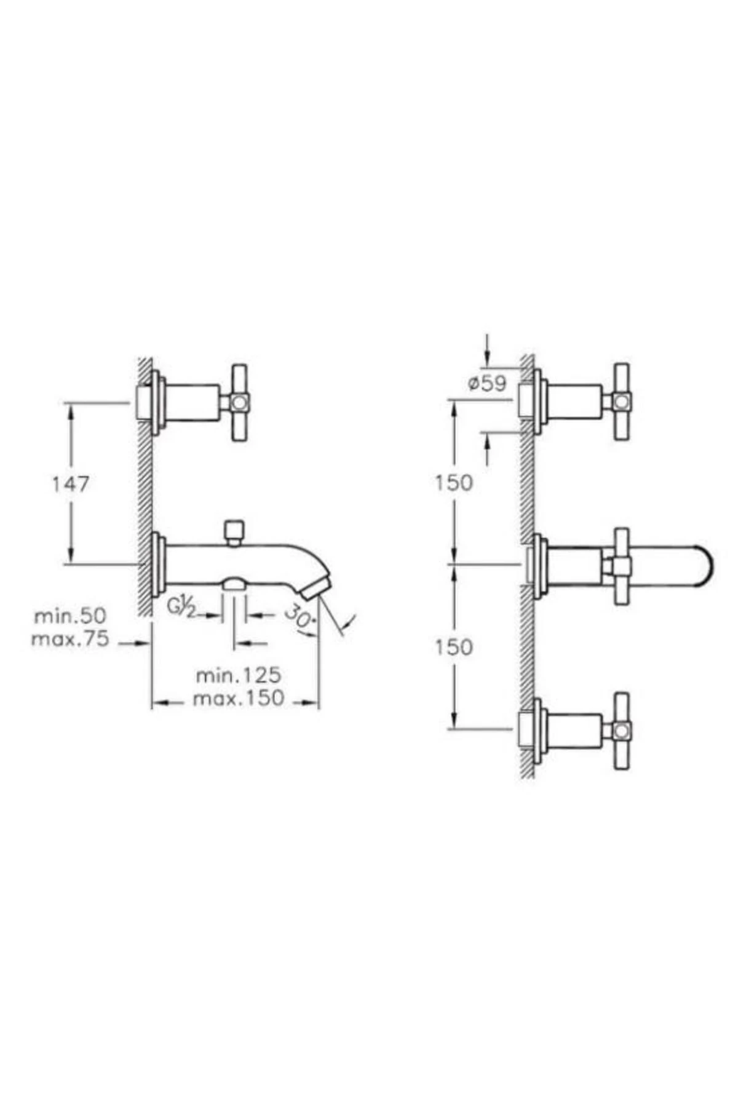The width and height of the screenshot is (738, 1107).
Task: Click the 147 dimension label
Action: point(69,483)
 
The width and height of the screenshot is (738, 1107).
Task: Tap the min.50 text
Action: point(70,616)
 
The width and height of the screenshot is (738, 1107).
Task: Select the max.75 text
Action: point(70,639)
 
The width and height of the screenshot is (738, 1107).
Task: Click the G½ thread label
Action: point(181,606)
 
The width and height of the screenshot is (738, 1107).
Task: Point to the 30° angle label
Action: point(300,616)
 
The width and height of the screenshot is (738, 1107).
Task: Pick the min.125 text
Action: point(239,675)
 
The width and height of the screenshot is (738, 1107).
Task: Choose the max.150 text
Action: point(239,698)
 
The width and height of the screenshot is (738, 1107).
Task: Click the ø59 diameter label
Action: point(487,383)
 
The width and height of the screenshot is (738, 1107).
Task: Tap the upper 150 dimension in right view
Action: point(454,483)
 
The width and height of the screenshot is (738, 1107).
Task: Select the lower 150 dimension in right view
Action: point(454,647)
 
